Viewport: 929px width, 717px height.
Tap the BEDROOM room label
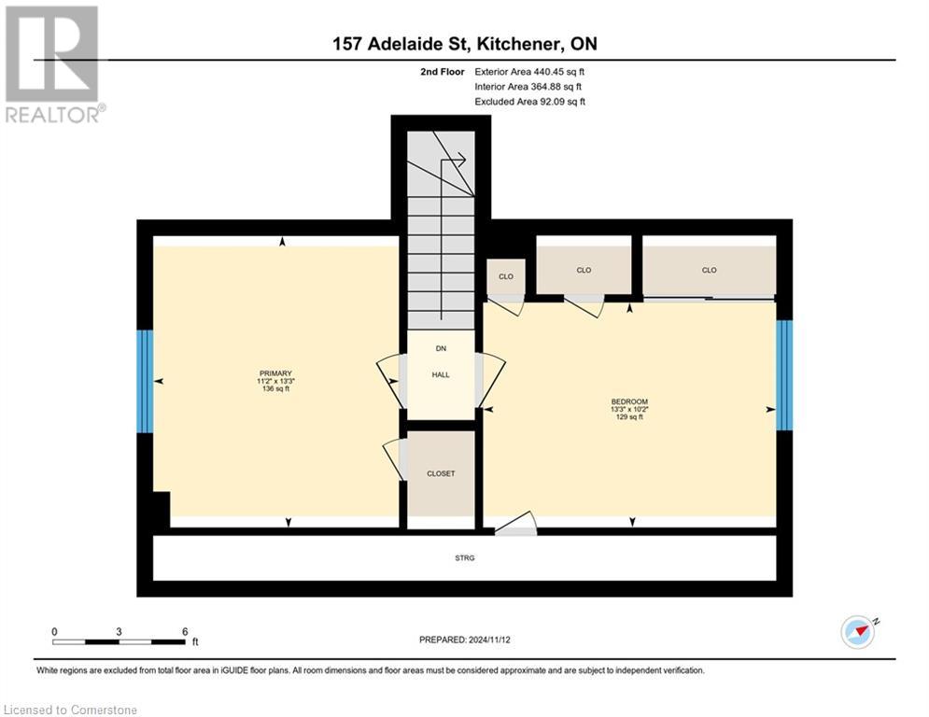(x=628, y=401)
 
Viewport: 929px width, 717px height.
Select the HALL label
(x=441, y=374)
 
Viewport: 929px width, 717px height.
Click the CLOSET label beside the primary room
(x=441, y=473)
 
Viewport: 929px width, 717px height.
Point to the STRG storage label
(x=465, y=558)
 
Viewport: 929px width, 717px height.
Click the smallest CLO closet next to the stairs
(x=505, y=276)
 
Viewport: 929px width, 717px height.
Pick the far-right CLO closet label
(x=709, y=271)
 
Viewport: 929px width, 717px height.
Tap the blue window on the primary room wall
(x=145, y=381)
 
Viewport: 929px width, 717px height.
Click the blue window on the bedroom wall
(x=784, y=374)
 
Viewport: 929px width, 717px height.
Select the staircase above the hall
(x=441, y=233)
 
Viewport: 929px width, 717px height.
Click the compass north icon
(x=858, y=632)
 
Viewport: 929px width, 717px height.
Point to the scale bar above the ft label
(x=119, y=641)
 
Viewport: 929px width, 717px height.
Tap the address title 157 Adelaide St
(x=464, y=44)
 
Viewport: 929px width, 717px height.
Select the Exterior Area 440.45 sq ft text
(x=529, y=71)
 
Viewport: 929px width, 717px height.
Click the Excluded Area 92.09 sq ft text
(x=529, y=102)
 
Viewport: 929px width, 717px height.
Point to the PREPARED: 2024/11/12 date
(x=464, y=640)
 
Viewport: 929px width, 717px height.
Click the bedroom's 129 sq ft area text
(x=628, y=417)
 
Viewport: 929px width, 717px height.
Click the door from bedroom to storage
(x=515, y=527)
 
